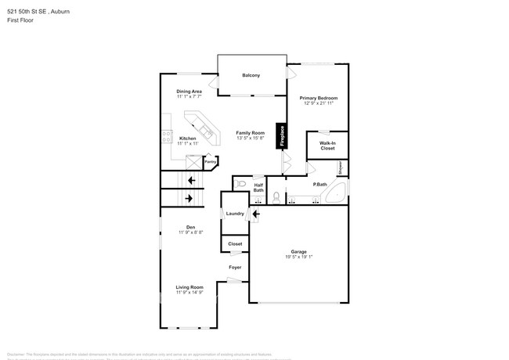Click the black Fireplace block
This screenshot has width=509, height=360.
coord(280,135)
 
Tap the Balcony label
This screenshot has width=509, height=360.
coord(251,75)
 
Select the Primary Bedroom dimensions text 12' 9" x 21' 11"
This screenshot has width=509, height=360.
coord(319,103)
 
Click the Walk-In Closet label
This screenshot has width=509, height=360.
coord(327,146)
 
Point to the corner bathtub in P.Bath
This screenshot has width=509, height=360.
coord(335,195)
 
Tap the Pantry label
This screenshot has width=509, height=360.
coord(209,163)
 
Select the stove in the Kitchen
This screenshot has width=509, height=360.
coord(167,136)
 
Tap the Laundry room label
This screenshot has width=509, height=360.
coord(235,214)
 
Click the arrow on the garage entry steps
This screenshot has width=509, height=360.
coord(255,213)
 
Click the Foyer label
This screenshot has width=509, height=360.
coord(235,268)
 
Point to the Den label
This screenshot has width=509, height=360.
coord(190,227)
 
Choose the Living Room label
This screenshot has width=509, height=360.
coord(190,287)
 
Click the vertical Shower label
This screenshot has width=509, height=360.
coord(341,167)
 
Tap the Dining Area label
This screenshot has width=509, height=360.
coord(190,92)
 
